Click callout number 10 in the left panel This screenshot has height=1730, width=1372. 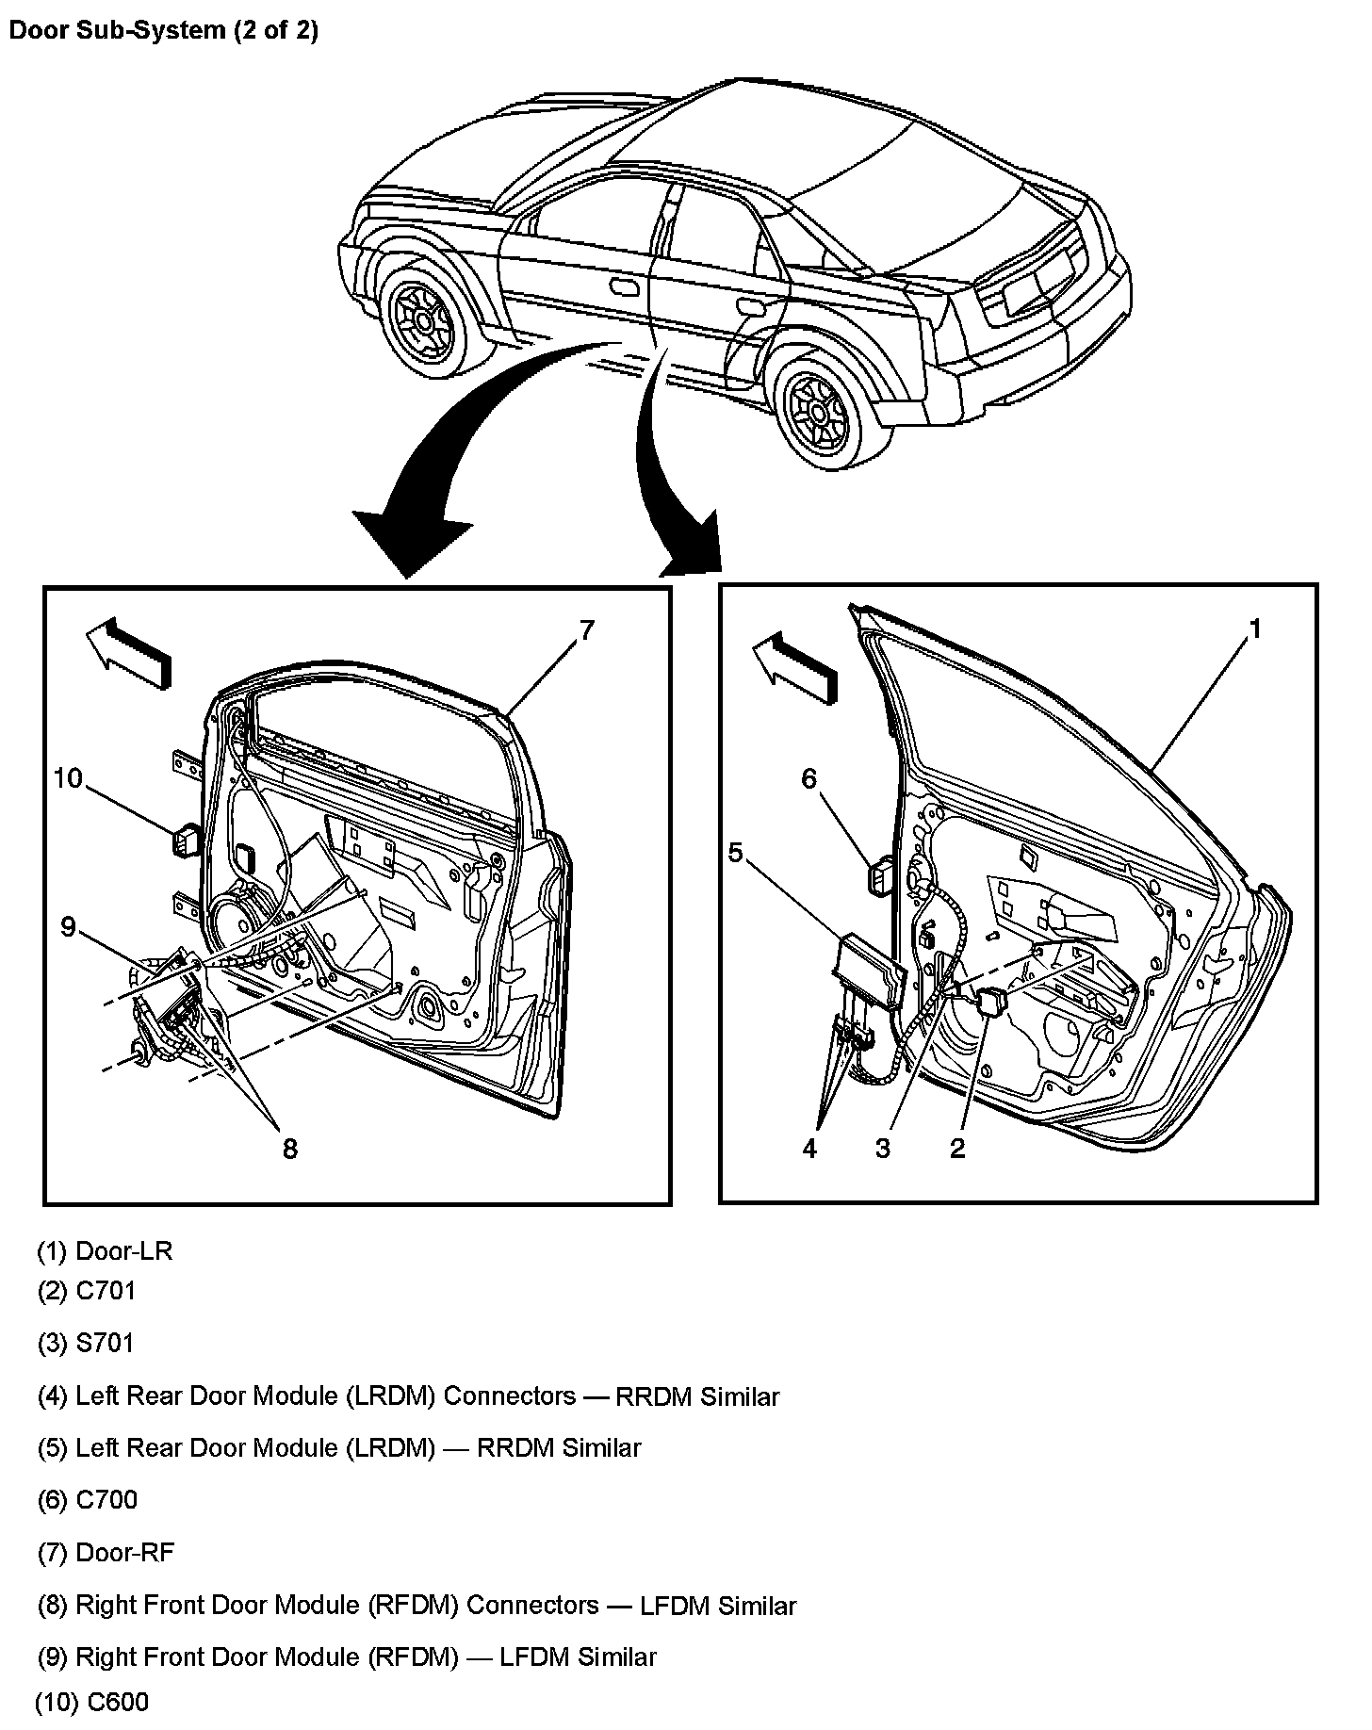click(x=68, y=778)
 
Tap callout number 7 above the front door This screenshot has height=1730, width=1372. click(x=586, y=630)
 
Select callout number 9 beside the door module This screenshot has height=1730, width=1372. click(x=68, y=927)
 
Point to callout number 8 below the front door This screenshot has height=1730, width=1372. click(x=289, y=1149)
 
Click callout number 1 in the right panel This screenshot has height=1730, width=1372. click(x=1254, y=629)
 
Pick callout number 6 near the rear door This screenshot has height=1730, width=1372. click(x=808, y=778)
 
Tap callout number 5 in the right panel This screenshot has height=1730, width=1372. click(x=735, y=853)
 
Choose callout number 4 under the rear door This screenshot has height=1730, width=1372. click(x=809, y=1149)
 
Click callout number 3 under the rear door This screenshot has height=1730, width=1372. click(x=882, y=1149)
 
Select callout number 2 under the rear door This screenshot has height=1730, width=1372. click(x=957, y=1149)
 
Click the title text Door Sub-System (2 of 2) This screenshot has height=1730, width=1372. click(x=163, y=30)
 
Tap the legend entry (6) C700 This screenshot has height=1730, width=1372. click(x=88, y=1499)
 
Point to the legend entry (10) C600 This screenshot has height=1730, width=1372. click(x=91, y=1703)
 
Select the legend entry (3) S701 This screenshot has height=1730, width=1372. click(x=86, y=1343)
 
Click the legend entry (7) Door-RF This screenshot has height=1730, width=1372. click(x=106, y=1552)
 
